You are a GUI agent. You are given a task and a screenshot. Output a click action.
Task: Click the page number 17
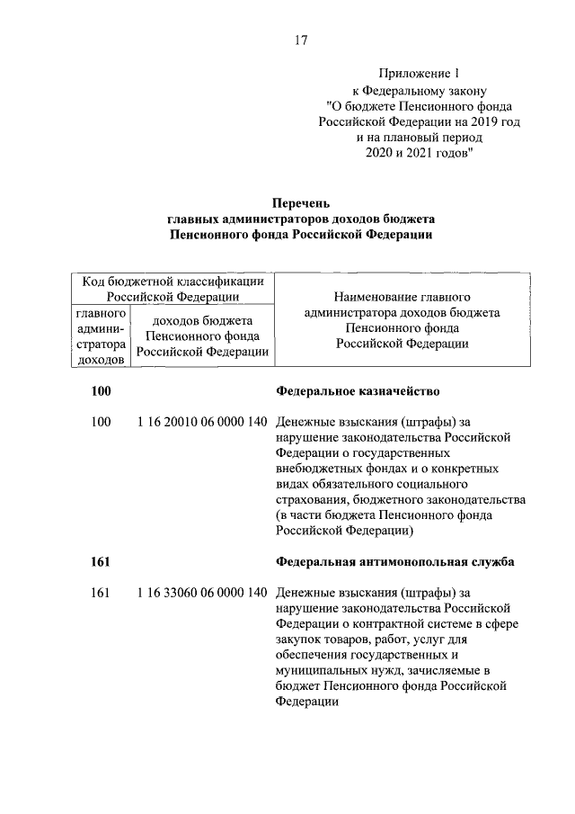click(301, 40)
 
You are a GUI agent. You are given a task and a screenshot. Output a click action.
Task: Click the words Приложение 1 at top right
click(420, 74)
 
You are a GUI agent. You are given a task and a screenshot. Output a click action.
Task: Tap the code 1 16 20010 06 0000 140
click(202, 421)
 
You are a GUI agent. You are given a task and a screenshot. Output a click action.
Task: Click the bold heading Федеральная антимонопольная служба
click(394, 563)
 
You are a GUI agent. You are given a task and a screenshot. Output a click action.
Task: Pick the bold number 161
click(101, 563)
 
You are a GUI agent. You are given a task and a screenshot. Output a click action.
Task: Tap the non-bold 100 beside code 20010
click(101, 421)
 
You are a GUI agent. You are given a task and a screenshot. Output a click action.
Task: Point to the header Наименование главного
click(402, 295)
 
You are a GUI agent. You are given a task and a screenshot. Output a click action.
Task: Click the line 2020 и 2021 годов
click(420, 154)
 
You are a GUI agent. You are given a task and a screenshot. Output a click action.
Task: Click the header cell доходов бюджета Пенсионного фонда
click(201, 336)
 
